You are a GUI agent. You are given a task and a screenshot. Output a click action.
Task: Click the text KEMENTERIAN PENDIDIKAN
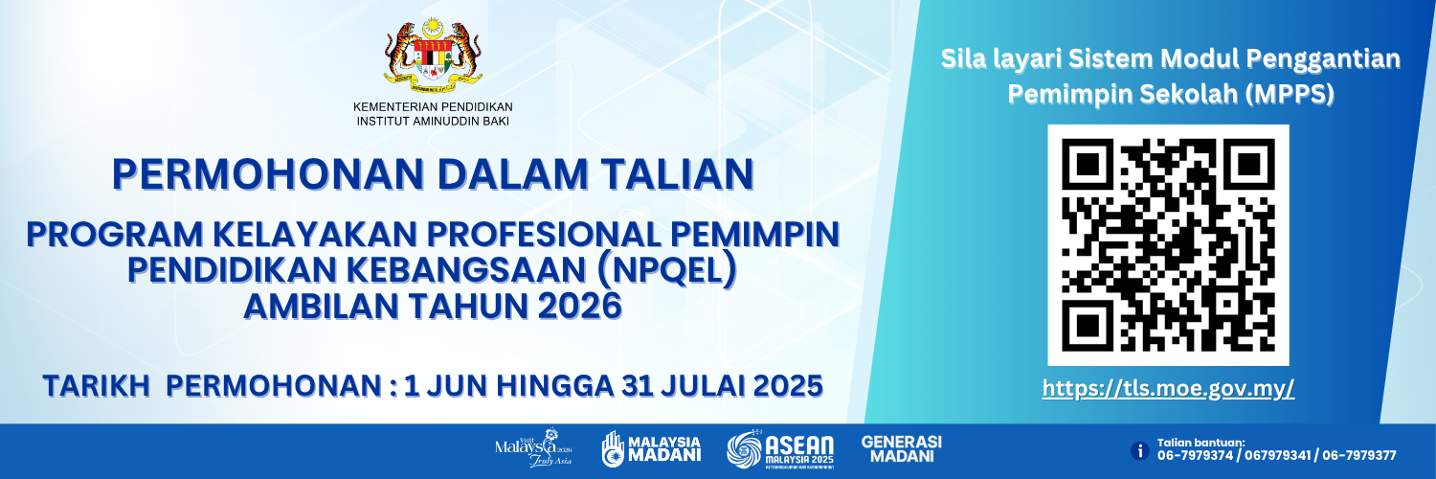[x=433, y=106]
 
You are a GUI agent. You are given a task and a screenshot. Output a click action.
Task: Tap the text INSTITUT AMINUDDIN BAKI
[x=433, y=122]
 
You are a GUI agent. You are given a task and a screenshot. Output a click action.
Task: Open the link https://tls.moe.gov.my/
[x=1168, y=388]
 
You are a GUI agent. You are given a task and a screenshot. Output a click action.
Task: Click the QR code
[x=1168, y=244]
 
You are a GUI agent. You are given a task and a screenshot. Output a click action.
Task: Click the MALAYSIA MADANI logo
[x=651, y=449]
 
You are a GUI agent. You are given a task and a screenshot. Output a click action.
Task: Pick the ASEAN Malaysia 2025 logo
[x=780, y=450]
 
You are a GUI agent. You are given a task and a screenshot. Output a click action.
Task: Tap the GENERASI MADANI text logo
[x=902, y=448]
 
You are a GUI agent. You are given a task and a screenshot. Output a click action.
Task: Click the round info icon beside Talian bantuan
[x=1139, y=449]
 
